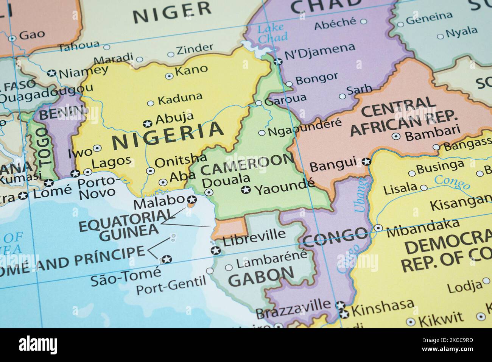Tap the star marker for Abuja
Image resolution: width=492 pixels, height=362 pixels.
147,123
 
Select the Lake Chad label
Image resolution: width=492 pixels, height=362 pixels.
272,33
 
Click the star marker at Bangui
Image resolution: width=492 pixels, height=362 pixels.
366,161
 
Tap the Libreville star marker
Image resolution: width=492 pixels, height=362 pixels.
215,250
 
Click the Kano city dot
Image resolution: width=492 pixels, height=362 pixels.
169,76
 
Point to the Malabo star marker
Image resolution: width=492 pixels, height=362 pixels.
192,200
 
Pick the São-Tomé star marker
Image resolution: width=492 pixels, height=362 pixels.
166,259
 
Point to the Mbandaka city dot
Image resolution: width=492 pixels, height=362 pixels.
378,228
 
